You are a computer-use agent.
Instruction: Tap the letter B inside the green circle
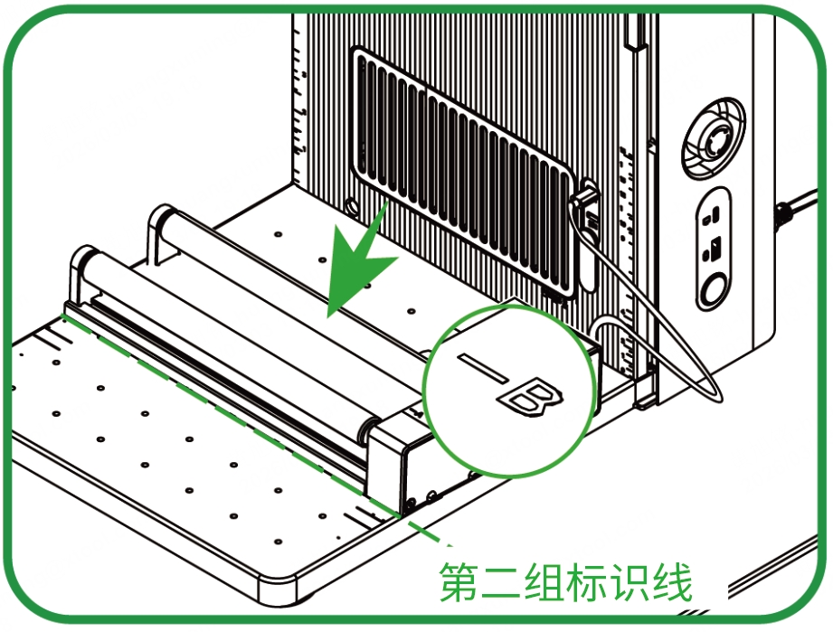click(x=530, y=397)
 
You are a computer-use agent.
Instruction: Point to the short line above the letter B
click(x=484, y=367)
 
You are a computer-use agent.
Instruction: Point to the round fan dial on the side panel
click(x=713, y=137)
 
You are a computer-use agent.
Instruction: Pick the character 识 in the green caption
click(x=629, y=581)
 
